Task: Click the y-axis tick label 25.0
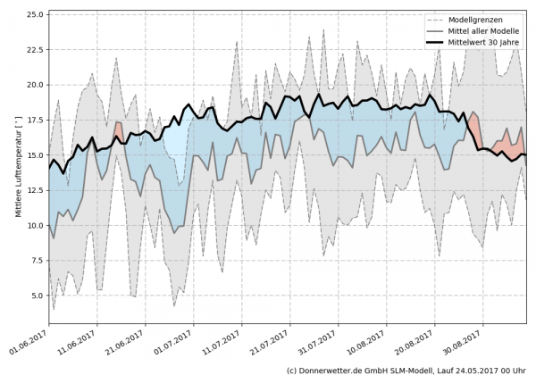(x=36, y=15)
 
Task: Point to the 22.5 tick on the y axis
(x=36, y=50)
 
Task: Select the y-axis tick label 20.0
(x=36, y=85)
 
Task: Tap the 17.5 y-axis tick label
(x=36, y=121)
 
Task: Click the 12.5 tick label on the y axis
(x=36, y=190)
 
